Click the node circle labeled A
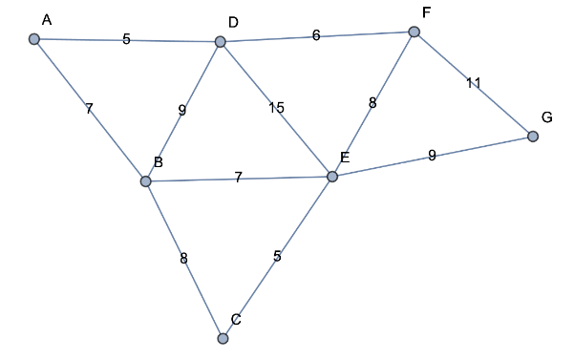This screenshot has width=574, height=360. pyautogui.click(x=34, y=39)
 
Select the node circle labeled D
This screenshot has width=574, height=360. pyautogui.click(x=221, y=42)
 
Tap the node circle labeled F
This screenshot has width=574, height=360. pyautogui.click(x=414, y=32)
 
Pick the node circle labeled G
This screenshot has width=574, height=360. pyautogui.click(x=533, y=137)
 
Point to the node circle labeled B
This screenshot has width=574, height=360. pyautogui.click(x=145, y=181)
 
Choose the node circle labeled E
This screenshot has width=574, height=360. pyautogui.click(x=332, y=177)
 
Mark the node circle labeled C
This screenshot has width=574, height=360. pyautogui.click(x=223, y=338)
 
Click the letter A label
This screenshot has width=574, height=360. pyautogui.click(x=47, y=19)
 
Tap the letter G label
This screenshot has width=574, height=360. pyautogui.click(x=546, y=116)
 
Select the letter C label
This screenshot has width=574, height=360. pyautogui.click(x=236, y=319)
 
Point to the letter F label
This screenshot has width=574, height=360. pyautogui.click(x=426, y=12)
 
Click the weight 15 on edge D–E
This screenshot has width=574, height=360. pyautogui.click(x=276, y=108)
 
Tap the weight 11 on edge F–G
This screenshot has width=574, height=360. pyautogui.click(x=474, y=83)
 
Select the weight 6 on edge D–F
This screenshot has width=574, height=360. pyautogui.click(x=316, y=36)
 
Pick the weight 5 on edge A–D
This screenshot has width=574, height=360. pyautogui.click(x=126, y=40)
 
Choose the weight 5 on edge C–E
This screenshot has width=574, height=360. pyautogui.click(x=277, y=256)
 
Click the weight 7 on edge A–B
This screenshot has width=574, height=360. pyautogui.click(x=89, y=109)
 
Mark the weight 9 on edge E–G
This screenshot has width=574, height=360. pyautogui.click(x=432, y=155)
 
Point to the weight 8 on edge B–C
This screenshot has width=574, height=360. pyautogui.click(x=183, y=259)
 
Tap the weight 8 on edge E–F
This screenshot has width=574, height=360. pyautogui.click(x=372, y=103)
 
